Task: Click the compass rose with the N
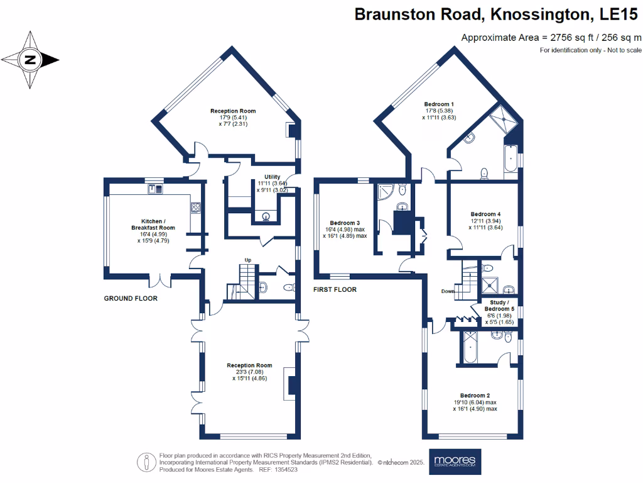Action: coord(30,60)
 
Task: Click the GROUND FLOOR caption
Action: coord(131,298)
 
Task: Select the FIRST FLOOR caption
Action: coord(335,290)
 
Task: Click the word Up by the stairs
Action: coord(249,260)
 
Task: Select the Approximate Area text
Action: coord(551,37)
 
